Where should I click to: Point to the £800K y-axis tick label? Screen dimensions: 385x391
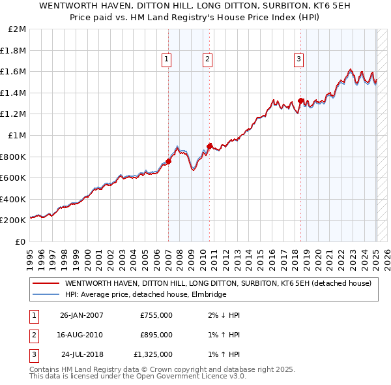tap(13, 157)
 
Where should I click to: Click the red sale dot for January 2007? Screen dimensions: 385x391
tap(168, 161)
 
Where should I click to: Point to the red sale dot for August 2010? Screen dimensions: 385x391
tap(209, 146)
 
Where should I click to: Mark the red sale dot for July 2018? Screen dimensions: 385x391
tap(300, 100)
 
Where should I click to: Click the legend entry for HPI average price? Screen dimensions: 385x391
tap(145, 294)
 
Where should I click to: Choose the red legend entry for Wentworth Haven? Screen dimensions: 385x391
tap(218, 283)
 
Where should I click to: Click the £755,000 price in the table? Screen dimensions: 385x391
tap(156, 315)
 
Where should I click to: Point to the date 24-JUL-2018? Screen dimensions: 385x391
tap(82, 354)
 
